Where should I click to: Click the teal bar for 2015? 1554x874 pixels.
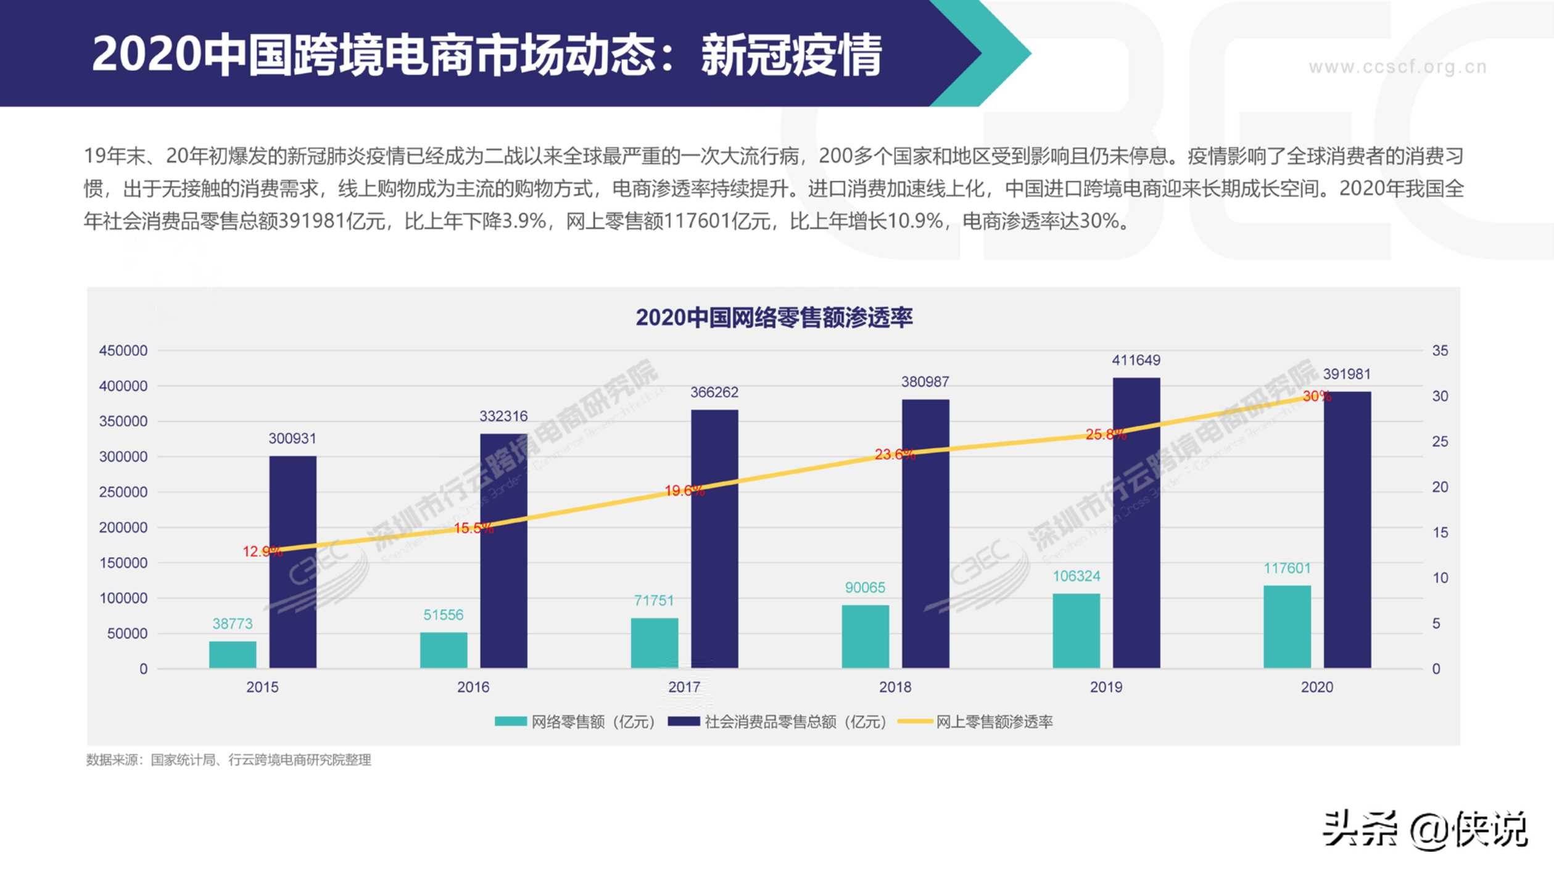pos(233,654)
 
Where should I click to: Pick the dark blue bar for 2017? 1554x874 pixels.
pos(714,539)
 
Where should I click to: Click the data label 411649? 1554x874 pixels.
pos(1136,360)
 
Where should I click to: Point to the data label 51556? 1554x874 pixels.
pos(443,615)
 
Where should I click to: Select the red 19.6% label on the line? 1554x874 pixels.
pos(684,490)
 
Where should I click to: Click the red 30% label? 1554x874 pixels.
pos(1316,396)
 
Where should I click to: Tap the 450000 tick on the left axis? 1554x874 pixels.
pos(123,350)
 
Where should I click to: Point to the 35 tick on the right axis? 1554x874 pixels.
pos(1439,350)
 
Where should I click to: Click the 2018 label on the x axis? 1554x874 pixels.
pos(895,687)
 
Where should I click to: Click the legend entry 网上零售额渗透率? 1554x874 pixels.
pos(993,722)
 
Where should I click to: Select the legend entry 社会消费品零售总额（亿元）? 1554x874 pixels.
pos(795,722)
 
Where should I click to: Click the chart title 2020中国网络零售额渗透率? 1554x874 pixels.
pos(774,317)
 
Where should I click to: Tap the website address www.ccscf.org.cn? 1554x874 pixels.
pos(1397,67)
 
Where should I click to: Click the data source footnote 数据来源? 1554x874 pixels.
pos(228,760)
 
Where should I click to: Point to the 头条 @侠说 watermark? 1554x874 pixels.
pos(1425,829)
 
